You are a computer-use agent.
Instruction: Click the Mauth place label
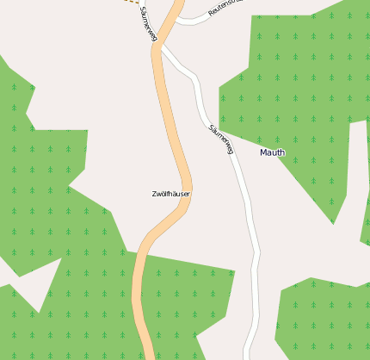coord(272,152)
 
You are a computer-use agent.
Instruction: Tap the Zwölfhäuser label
coord(170,194)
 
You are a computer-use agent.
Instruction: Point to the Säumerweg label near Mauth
coord(221,139)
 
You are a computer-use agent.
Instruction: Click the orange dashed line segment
coord(130,2)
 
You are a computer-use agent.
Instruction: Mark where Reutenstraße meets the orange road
coord(176,18)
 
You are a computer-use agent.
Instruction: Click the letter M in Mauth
coord(263,152)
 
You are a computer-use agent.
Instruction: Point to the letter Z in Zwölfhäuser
coord(154,194)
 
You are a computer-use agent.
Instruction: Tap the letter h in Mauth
coord(282,152)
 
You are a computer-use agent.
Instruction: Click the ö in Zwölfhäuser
coord(163,194)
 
